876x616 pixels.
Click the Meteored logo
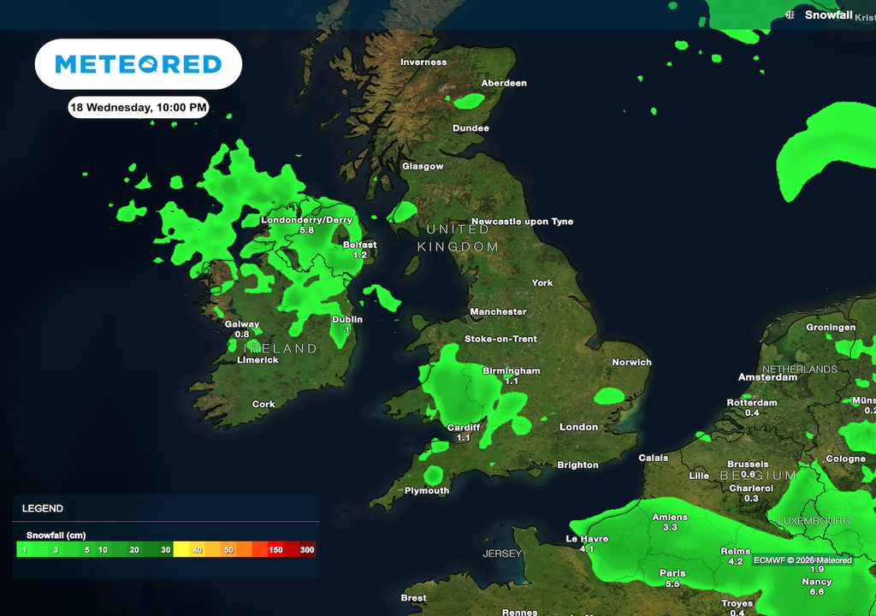click(138, 64)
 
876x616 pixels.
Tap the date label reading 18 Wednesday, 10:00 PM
click(138, 108)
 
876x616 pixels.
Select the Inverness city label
click(423, 62)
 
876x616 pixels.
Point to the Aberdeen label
click(504, 84)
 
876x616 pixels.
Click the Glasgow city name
click(423, 167)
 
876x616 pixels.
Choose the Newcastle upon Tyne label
click(522, 222)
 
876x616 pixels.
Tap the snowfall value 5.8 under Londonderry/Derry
click(306, 231)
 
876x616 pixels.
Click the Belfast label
click(359, 245)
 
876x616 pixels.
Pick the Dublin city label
click(347, 320)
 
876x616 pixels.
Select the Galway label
click(241, 324)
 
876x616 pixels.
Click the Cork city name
click(263, 405)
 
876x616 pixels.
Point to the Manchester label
click(498, 312)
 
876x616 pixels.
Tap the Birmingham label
click(512, 371)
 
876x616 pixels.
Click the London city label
click(578, 427)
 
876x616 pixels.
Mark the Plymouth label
click(427, 491)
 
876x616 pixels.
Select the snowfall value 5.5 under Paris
click(672, 584)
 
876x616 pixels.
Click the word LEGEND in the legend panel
click(43, 508)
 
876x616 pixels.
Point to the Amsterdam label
click(768, 377)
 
